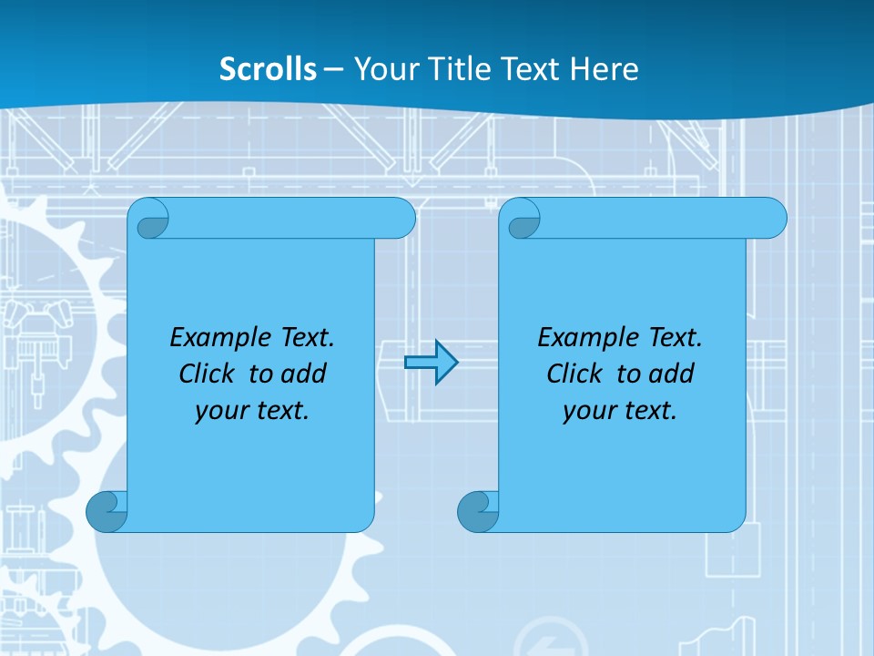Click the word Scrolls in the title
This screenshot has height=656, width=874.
click(269, 69)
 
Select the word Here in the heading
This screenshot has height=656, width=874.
click(605, 69)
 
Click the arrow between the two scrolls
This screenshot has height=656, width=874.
click(431, 363)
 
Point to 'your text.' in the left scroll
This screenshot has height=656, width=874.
click(252, 410)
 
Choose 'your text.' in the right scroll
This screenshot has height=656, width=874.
click(620, 410)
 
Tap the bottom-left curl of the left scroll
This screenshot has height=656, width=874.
click(106, 512)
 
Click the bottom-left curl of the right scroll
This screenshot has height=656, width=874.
click(477, 512)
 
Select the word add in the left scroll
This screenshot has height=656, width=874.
click(303, 374)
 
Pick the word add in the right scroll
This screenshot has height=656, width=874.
click(671, 374)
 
